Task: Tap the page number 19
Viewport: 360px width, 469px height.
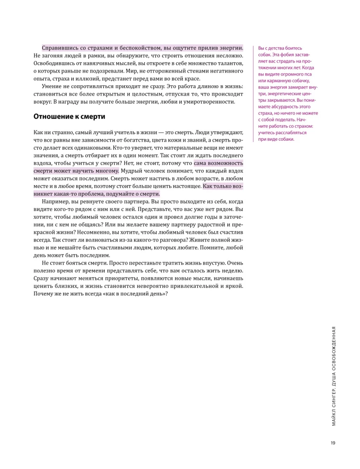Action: [332, 442]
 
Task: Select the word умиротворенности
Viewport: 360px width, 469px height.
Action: [210, 102]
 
